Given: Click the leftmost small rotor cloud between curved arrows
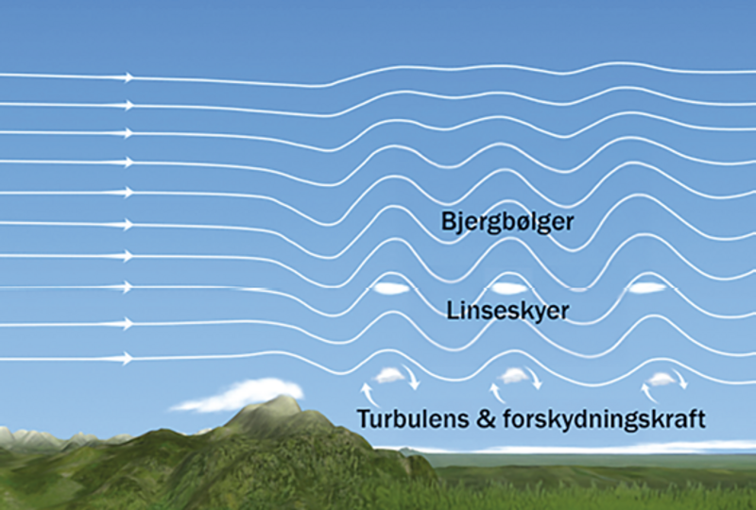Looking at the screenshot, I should tap(389, 376).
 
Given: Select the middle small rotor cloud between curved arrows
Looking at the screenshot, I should tap(515, 376).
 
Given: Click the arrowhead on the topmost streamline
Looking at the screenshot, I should tap(129, 76).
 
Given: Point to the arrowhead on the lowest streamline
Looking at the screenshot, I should tap(129, 359).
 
